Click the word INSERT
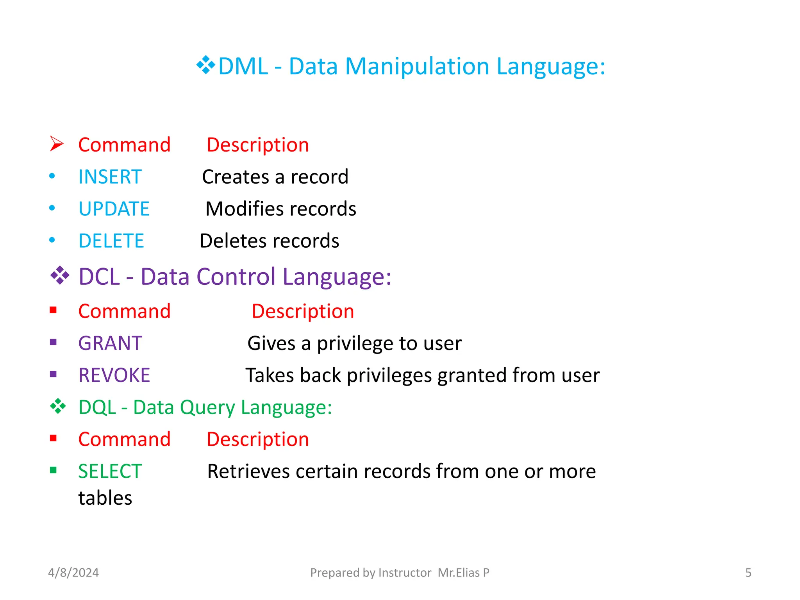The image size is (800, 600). coord(110,177)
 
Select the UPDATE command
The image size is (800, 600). coord(114,209)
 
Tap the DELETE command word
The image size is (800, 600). coord(111,241)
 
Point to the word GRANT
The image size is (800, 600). coord(110,343)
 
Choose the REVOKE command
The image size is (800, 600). coord(114,375)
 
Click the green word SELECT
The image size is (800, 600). coord(110,471)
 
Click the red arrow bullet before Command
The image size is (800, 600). coord(57,144)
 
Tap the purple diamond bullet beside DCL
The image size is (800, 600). coord(60,275)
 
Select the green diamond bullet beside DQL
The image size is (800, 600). coord(58,406)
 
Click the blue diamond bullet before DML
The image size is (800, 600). coord(206,65)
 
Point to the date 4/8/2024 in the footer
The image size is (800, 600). coord(73,573)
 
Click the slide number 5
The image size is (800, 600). coord(748,573)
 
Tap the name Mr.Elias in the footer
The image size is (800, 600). coord(459,573)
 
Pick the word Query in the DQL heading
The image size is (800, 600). coord(207,407)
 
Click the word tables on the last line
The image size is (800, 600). coord(105,498)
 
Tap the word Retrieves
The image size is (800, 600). coord(248,471)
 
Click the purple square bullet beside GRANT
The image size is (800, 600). coord(54,343)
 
